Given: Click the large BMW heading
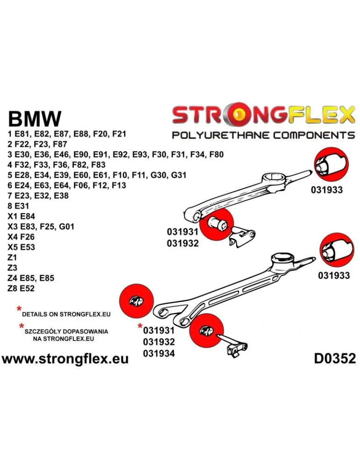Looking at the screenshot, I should click(x=35, y=119).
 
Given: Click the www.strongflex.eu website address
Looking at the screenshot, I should click(x=65, y=359).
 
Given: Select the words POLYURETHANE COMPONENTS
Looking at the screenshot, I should click(x=263, y=135).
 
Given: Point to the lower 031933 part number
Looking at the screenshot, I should click(x=334, y=276).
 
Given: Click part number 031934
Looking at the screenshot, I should click(x=159, y=354).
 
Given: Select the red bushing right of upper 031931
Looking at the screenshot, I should click(x=216, y=225).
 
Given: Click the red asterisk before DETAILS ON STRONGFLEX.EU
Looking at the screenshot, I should click(x=19, y=309).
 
